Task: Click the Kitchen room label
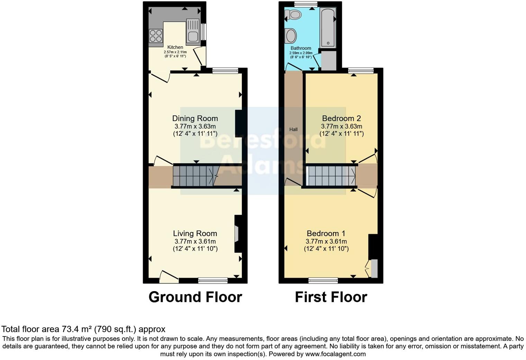click(175, 47)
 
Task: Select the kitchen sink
click(192, 36)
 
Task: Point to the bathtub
click(327, 27)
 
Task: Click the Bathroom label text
click(301, 48)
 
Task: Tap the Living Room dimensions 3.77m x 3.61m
click(195, 241)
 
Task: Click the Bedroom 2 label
click(341, 118)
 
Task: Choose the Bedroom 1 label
click(326, 233)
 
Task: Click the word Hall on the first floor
click(293, 129)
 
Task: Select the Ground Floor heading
click(195, 297)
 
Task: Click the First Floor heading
click(331, 297)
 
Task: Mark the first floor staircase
click(330, 176)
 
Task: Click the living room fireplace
click(237, 234)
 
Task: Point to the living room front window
click(213, 280)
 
